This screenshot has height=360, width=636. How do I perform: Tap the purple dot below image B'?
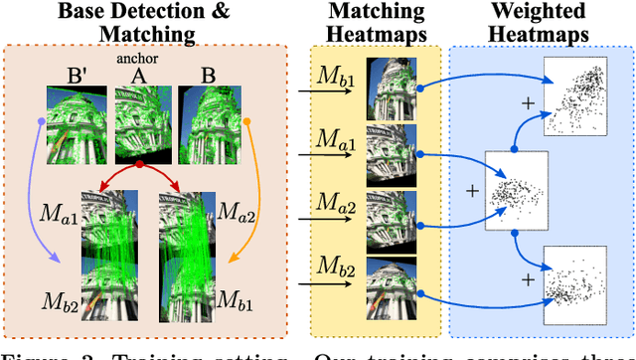41,124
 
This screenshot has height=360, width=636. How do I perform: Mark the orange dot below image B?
246,124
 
